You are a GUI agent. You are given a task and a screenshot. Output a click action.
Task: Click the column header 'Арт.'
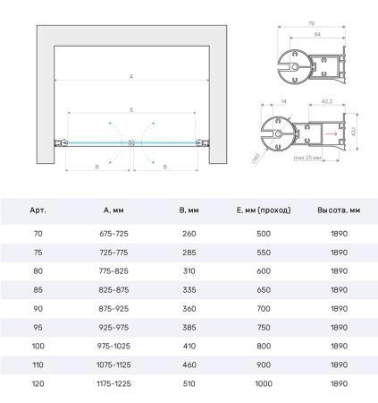click(x=38, y=210)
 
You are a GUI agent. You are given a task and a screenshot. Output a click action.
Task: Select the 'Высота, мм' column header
click(x=339, y=210)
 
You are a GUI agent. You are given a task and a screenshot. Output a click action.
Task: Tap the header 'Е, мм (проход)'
click(x=264, y=210)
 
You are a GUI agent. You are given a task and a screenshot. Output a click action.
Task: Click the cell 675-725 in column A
click(x=113, y=234)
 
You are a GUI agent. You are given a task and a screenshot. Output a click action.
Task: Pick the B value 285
click(x=189, y=253)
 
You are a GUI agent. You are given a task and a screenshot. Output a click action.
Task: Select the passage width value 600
click(x=264, y=271)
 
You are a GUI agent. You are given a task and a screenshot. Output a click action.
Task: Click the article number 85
click(x=38, y=290)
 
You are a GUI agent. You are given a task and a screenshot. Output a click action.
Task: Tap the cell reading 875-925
click(x=113, y=309)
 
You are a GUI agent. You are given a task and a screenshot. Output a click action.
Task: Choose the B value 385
click(x=189, y=328)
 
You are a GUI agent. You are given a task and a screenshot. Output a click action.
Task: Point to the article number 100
click(x=38, y=347)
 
